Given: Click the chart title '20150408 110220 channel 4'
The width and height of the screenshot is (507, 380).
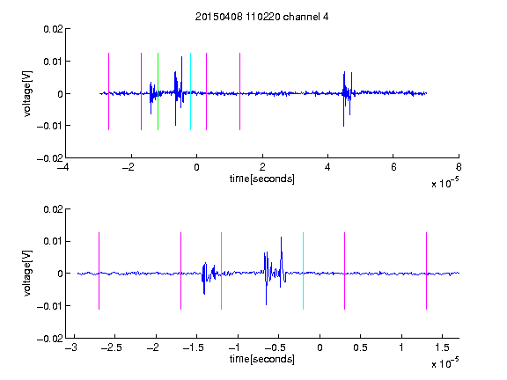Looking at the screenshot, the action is click(x=262, y=17).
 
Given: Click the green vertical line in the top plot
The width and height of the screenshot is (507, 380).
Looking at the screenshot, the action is click(x=158, y=91).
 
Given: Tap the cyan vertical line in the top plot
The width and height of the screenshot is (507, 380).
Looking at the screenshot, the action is click(x=190, y=91).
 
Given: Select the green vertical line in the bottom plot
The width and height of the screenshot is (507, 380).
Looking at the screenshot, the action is click(x=221, y=271).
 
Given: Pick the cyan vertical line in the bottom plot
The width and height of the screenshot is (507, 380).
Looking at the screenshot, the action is click(x=303, y=271).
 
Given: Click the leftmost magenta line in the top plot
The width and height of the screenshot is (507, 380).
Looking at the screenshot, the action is click(x=108, y=91).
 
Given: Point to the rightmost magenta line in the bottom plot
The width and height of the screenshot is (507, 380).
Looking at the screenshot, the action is click(x=426, y=271).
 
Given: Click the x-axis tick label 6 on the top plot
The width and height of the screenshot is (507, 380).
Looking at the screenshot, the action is click(x=393, y=167).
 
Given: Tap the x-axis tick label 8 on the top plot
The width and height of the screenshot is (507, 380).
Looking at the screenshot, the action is click(x=459, y=167).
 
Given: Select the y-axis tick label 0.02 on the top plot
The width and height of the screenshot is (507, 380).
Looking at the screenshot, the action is click(x=53, y=29).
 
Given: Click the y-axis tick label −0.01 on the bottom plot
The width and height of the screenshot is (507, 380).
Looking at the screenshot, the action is click(x=50, y=306).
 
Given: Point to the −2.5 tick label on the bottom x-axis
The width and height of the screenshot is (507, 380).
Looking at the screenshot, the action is click(x=112, y=347).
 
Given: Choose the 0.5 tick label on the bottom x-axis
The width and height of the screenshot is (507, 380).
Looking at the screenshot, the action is click(x=360, y=347).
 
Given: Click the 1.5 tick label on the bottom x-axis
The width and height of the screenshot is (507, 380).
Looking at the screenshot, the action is click(x=442, y=347).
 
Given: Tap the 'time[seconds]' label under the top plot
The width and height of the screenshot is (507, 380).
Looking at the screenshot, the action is click(x=262, y=179).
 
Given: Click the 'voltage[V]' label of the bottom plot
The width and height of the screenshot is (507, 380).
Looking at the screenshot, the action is click(x=27, y=273).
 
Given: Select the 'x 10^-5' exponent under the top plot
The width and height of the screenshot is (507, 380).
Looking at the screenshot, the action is click(x=445, y=183).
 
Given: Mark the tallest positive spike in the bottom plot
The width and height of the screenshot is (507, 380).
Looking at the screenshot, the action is click(x=282, y=237).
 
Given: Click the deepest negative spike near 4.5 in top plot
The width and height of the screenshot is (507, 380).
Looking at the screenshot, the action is click(x=343, y=126).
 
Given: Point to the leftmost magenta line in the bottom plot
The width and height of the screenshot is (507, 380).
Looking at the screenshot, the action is click(x=99, y=271).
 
